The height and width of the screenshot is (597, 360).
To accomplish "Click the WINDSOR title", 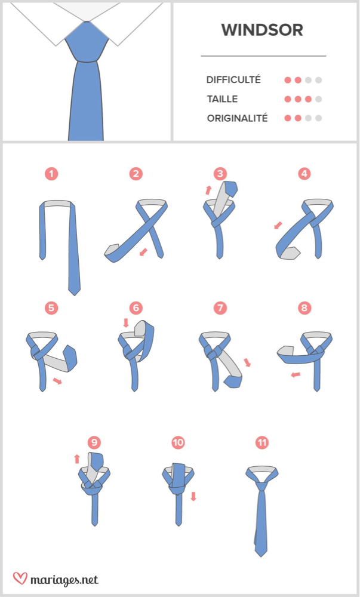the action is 262,30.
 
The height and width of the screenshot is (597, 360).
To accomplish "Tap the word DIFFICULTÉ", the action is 233,80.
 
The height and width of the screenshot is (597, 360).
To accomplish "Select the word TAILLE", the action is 222,99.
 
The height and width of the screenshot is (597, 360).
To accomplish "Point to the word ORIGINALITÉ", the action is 237,118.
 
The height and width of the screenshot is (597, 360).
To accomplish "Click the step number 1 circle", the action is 51,174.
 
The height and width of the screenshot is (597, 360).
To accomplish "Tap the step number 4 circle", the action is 304,174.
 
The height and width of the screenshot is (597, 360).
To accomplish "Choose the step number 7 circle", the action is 220,307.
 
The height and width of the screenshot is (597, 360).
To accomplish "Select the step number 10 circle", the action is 178,442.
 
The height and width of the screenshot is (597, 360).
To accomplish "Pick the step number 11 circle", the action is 262,442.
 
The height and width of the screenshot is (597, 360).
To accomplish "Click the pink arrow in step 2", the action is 143,251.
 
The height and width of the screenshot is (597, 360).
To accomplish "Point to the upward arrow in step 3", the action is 208,190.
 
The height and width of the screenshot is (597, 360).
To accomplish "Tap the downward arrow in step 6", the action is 127,323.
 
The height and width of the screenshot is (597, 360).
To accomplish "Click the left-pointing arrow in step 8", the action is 296,375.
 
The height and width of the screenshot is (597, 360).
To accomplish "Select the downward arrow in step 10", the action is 193,496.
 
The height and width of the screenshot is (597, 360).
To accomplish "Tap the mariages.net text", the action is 64,580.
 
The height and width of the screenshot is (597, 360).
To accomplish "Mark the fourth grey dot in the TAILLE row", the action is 319,99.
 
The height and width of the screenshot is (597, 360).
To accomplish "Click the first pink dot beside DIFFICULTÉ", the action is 288,80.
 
